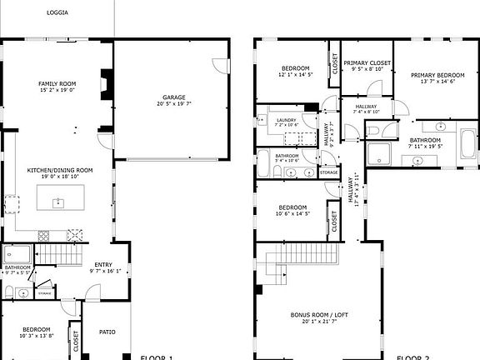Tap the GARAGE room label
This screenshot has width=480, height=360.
173,97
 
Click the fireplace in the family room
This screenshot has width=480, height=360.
104,84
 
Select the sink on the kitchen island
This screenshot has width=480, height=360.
58,202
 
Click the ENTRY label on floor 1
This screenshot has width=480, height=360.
103,264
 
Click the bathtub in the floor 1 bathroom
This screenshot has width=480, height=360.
17,253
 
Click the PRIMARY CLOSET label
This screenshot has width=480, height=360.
367,62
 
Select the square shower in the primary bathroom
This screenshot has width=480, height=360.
379,153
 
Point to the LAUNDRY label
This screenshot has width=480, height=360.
286,120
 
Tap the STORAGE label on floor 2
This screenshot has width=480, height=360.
328,172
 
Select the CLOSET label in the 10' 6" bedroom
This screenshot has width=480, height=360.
333,222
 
